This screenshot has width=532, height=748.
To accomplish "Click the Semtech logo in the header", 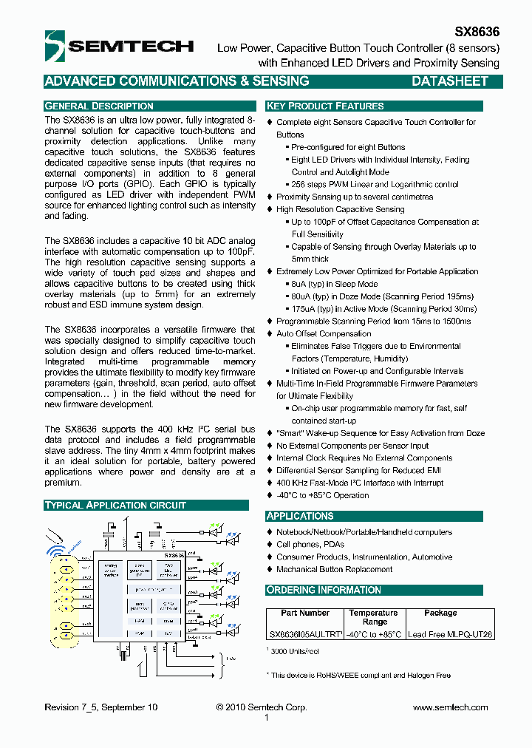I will tap(118, 46).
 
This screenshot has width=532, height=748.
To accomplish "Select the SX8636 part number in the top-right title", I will tap(477, 32).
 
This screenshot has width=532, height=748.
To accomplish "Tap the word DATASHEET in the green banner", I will tap(449, 81).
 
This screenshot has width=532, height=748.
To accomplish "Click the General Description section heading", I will tap(99, 106).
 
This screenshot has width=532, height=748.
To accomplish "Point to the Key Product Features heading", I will tap(325, 106).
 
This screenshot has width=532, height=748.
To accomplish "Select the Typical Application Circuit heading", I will tap(115, 506).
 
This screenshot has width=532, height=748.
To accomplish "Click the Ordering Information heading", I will tap(324, 590).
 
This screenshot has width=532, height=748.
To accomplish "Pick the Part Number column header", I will tap(304, 613).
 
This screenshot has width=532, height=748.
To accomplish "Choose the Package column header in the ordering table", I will tap(440, 613).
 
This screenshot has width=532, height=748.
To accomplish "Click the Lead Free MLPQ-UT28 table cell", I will tap(450, 634).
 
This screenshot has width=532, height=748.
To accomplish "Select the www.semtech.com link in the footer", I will tap(450, 707).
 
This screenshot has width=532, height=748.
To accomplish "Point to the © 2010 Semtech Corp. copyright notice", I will tap(262, 707).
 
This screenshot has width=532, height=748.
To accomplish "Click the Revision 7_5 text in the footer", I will tap(100, 707).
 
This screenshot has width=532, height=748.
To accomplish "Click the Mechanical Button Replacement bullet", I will tap(334, 569).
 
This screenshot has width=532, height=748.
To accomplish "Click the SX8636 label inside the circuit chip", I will tap(173, 555).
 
